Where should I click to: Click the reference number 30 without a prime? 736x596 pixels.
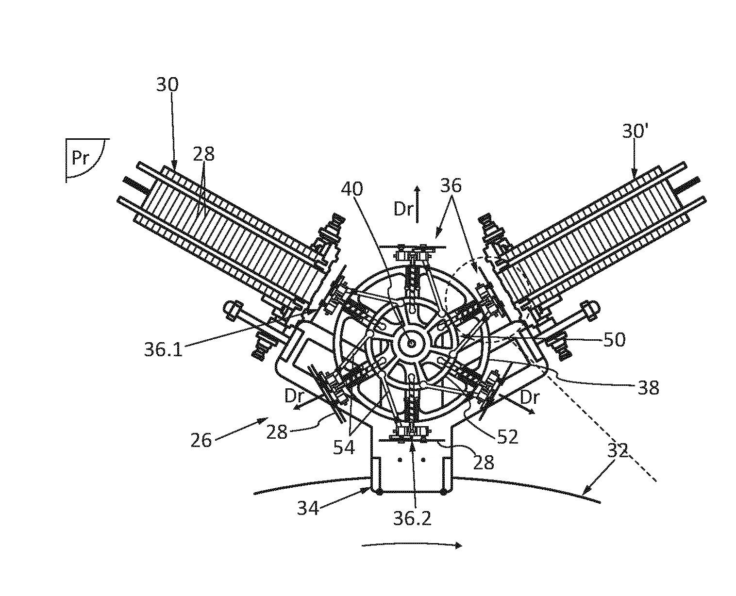[x=167, y=84]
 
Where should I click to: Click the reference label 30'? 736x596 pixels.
[x=635, y=131]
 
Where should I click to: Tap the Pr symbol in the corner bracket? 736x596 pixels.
[x=81, y=158]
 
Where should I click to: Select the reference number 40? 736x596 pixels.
[x=352, y=189]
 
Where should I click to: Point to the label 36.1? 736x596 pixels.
[x=163, y=349]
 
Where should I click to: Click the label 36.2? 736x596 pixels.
[x=412, y=518]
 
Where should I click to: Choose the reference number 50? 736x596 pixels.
[x=614, y=339]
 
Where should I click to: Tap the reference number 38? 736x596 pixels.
[x=649, y=388]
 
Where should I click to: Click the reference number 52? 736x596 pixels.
[x=508, y=437]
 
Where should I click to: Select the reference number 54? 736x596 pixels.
[x=344, y=447]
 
